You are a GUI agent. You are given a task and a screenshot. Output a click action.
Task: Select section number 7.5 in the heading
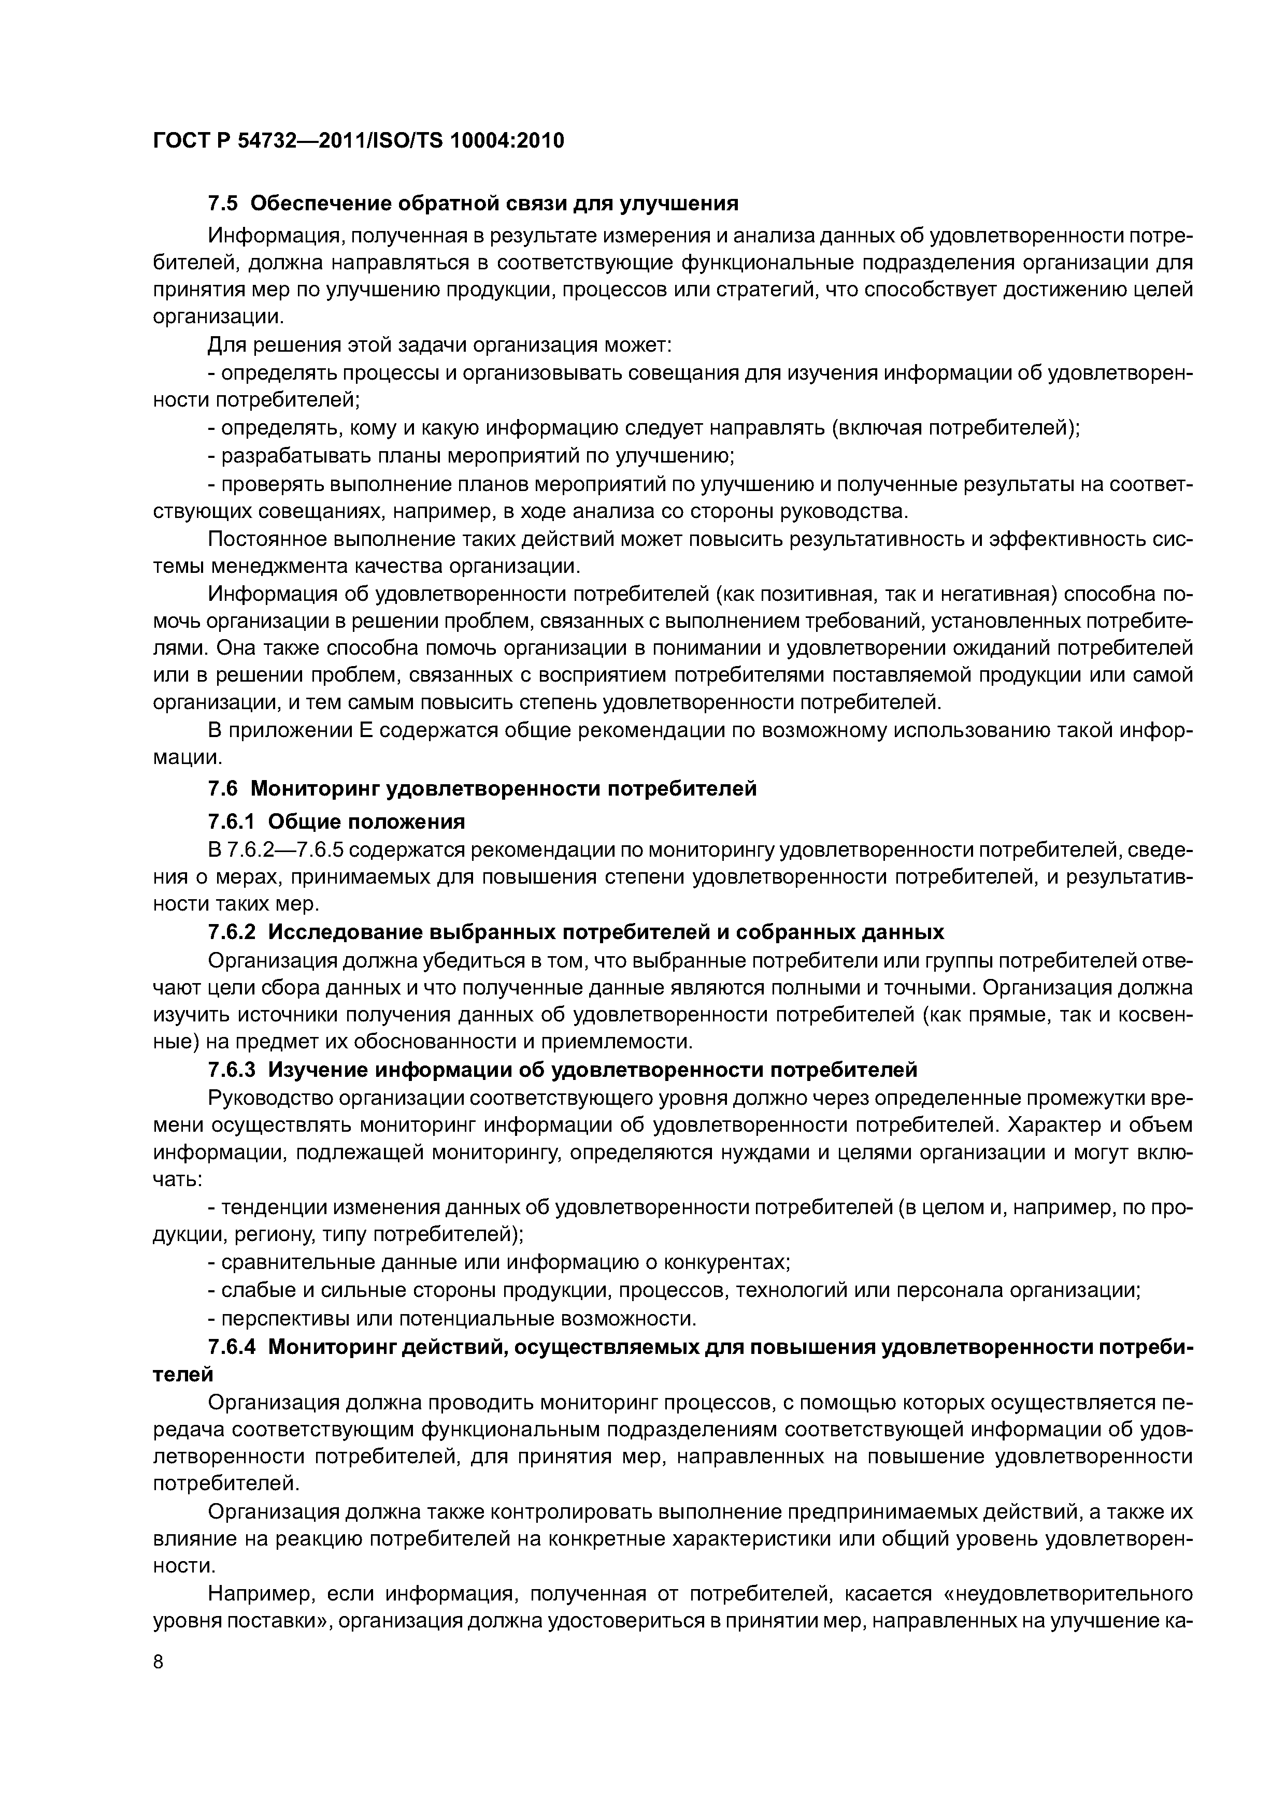[x=222, y=204]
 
